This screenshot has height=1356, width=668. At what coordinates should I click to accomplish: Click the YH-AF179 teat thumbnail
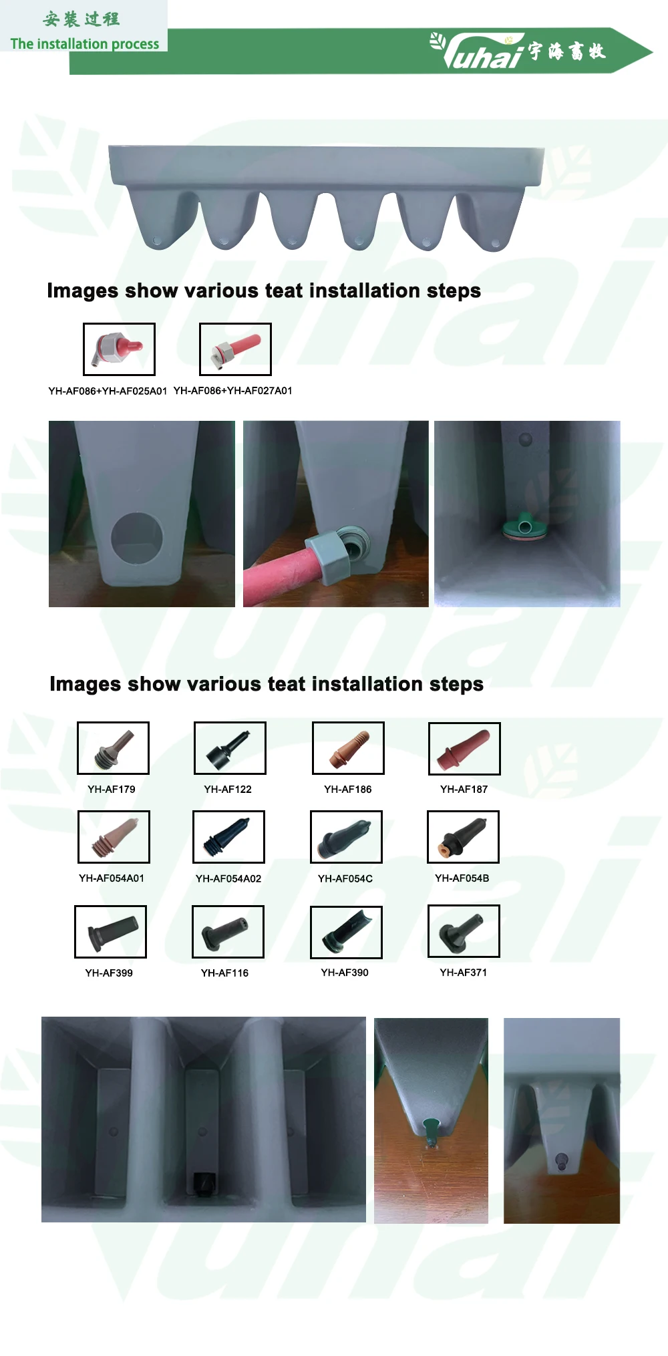[113, 748]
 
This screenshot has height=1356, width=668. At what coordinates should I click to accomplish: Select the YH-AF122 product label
[228, 789]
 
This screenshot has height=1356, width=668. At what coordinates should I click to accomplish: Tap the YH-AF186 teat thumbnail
[348, 748]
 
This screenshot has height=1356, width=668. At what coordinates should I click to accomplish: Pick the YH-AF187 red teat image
[464, 749]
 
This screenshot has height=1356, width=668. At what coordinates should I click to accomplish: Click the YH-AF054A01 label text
[112, 878]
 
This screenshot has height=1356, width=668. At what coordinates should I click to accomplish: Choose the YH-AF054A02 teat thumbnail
[228, 837]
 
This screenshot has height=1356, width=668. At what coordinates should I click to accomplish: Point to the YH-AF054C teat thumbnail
[346, 837]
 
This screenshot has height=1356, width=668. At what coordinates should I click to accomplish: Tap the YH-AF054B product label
[462, 878]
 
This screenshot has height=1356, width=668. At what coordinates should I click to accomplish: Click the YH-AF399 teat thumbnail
[110, 932]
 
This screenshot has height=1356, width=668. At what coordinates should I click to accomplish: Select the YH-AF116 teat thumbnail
[228, 932]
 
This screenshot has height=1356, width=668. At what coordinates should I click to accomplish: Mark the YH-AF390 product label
[345, 973]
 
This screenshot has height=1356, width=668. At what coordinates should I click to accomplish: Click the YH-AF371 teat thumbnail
[464, 931]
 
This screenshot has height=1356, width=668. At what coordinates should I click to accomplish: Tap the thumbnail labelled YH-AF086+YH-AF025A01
[119, 349]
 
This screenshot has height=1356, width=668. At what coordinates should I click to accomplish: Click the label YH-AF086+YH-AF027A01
[233, 391]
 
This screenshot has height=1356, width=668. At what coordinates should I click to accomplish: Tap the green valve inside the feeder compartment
[526, 528]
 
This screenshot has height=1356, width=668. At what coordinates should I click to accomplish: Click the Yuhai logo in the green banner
[518, 51]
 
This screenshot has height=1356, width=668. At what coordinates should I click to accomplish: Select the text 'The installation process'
[85, 44]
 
